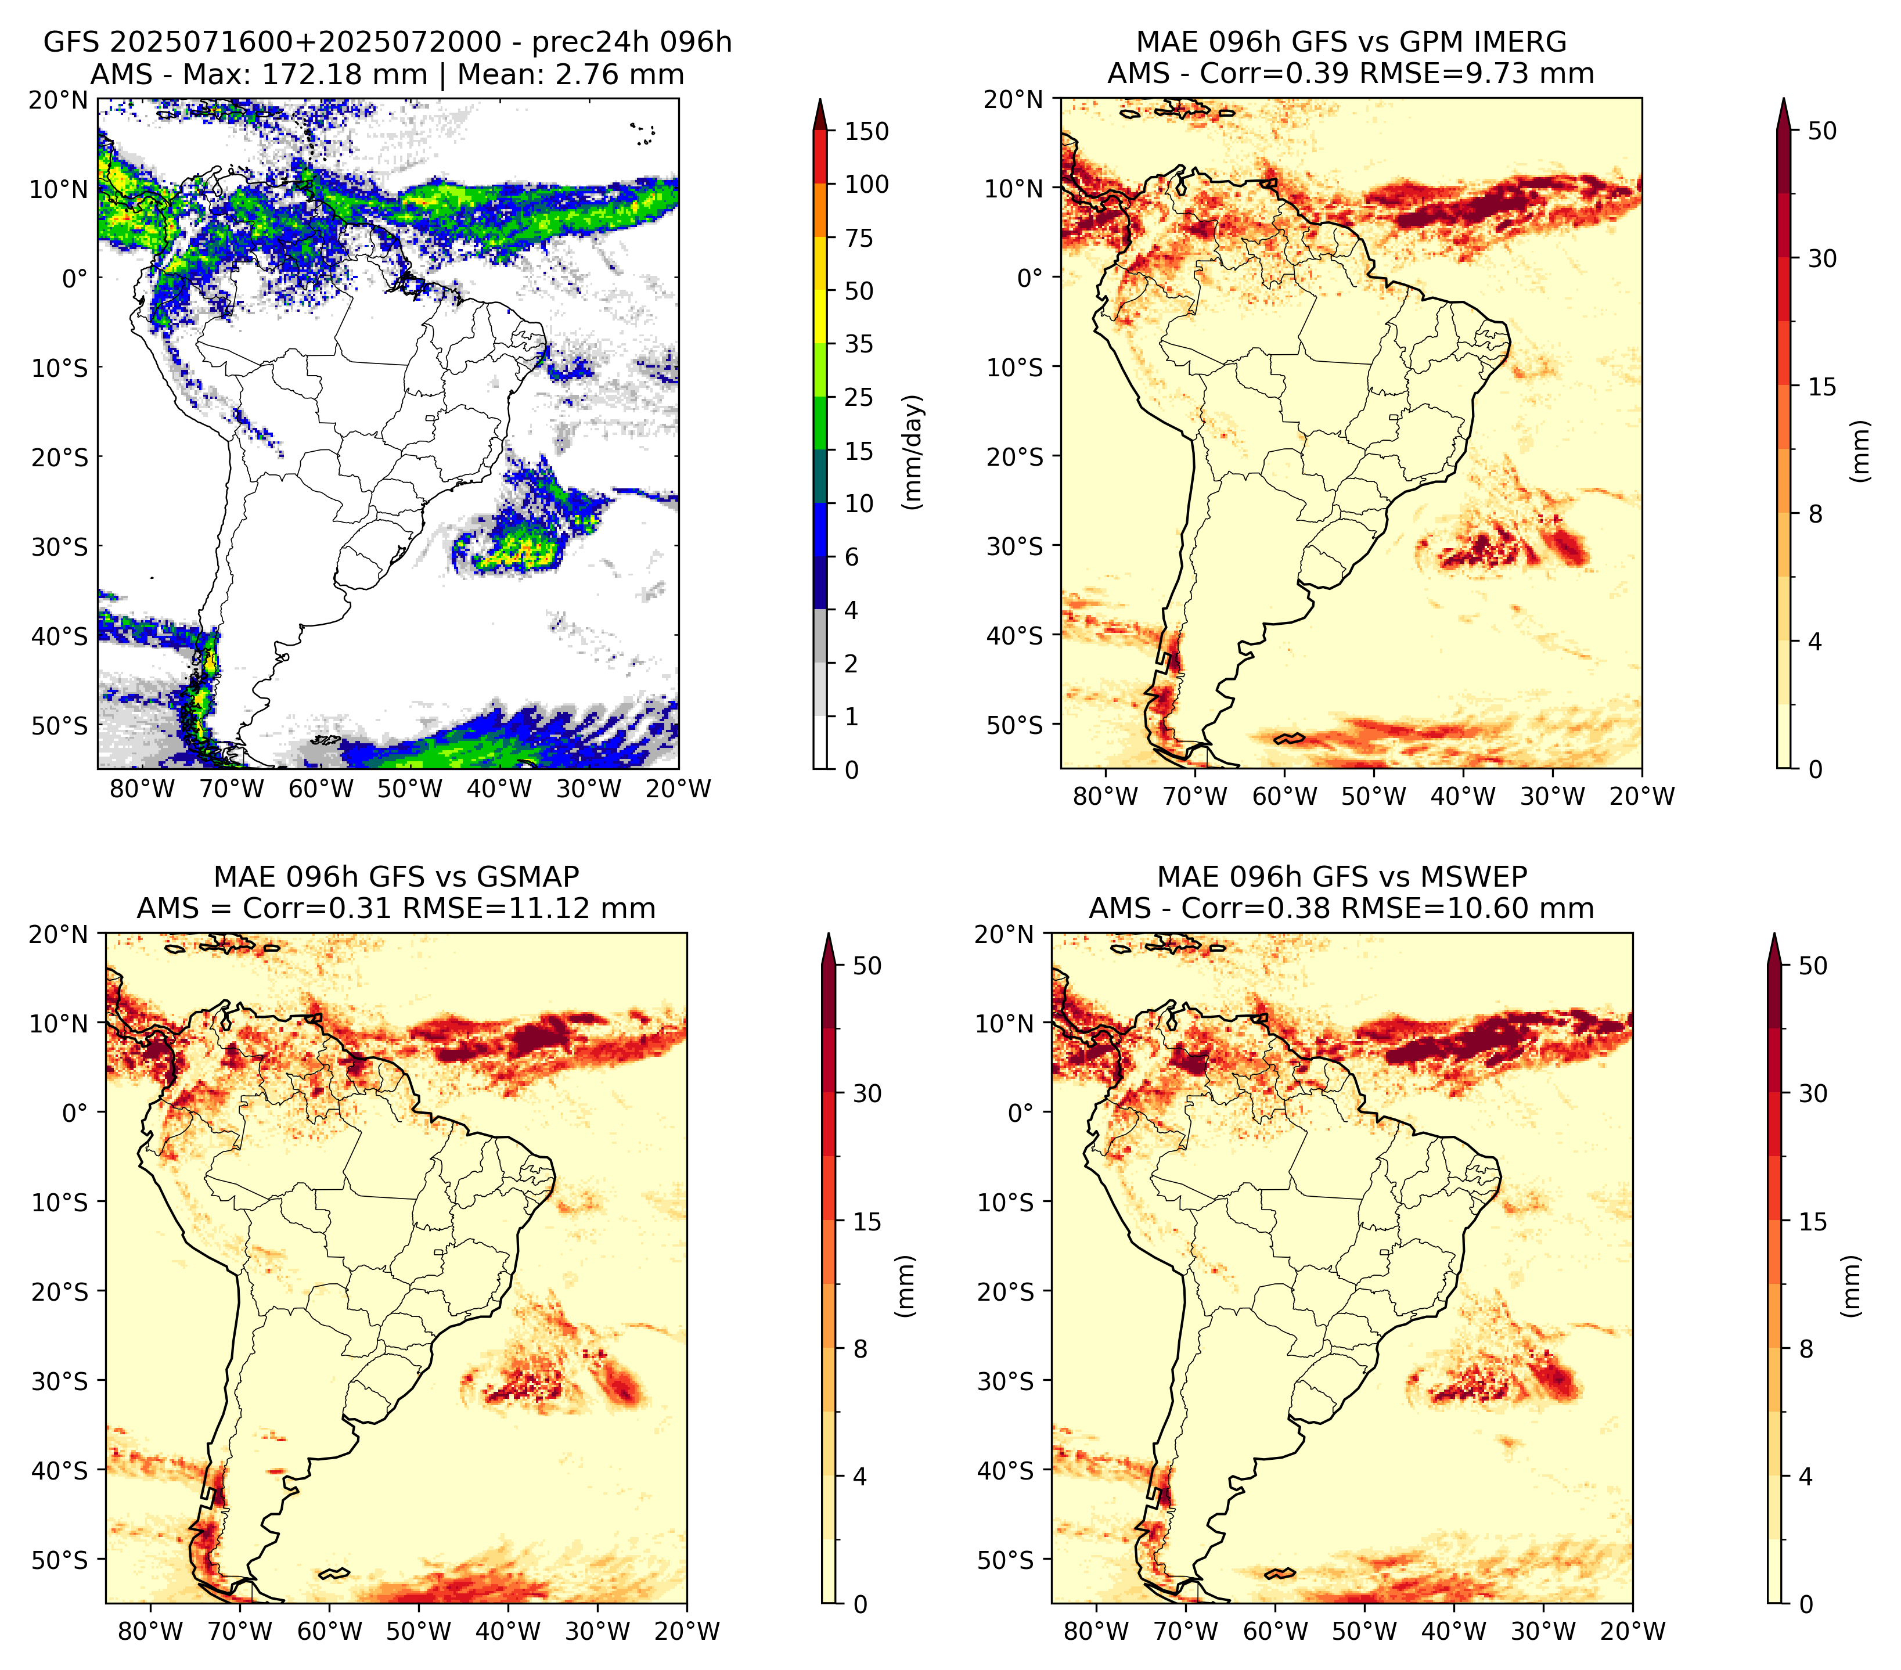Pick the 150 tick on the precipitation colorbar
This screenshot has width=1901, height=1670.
click(867, 131)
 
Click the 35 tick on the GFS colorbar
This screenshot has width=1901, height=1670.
click(859, 344)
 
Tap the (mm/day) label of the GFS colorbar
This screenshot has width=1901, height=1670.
click(915, 451)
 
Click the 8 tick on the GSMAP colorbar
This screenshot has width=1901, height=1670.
click(861, 1349)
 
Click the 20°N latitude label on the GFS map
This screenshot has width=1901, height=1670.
click(57, 99)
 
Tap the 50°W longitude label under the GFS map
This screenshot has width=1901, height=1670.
click(410, 789)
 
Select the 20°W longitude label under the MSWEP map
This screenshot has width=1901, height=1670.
click(1633, 1631)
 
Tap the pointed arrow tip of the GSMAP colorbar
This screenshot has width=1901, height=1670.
click(829, 934)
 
